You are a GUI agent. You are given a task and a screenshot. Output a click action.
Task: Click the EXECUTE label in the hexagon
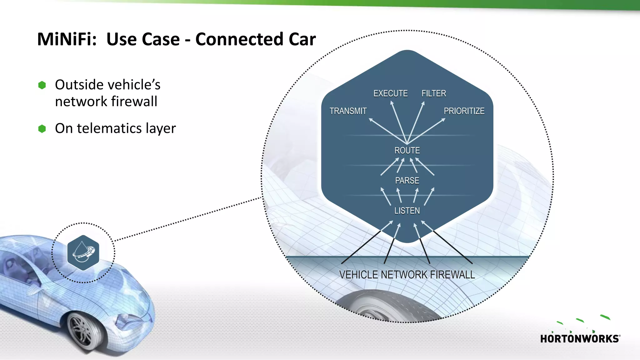390,93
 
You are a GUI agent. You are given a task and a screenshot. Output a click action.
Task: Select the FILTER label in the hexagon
434,93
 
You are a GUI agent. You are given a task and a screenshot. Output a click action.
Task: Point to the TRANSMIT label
348,111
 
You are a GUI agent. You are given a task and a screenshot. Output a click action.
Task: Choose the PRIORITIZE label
464,111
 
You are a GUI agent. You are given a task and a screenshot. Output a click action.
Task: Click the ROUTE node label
407,151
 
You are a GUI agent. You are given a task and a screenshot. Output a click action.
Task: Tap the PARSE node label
407,181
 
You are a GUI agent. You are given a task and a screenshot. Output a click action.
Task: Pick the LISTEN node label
407,211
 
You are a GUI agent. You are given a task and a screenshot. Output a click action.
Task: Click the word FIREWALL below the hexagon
452,275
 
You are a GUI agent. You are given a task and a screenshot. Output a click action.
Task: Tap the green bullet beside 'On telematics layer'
42,129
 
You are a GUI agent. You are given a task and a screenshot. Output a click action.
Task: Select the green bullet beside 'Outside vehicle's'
42,85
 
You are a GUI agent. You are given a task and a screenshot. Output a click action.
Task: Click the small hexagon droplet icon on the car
83,252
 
